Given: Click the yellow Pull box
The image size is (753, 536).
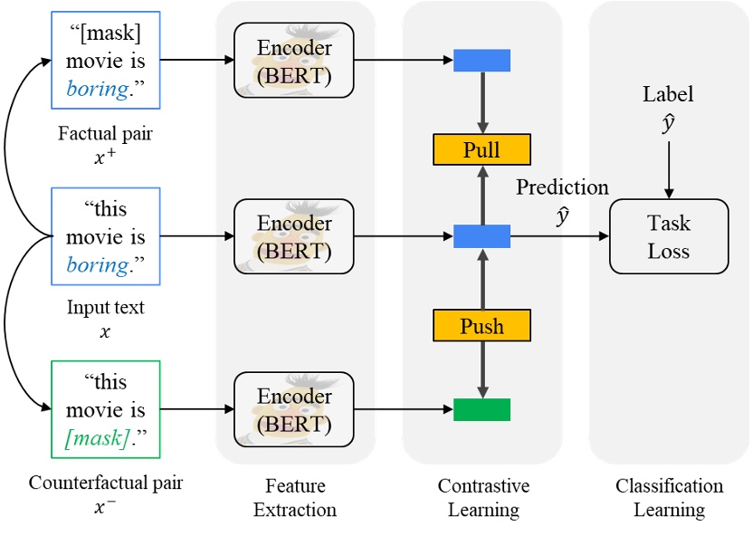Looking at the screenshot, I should tap(481, 149).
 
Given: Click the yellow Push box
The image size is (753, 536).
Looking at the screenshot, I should tap(481, 325).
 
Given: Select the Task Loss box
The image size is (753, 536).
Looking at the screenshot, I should tap(669, 236).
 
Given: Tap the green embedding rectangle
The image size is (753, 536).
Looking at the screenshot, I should tap(481, 409).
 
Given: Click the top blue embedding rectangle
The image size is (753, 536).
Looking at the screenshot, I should tap(481, 61).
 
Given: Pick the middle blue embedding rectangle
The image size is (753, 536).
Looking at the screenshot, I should tap(481, 237).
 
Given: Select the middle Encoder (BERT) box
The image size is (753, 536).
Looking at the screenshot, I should tap(294, 237).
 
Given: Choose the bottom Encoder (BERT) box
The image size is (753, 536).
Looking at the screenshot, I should tap(294, 410).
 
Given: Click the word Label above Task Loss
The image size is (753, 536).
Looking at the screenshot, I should tap(668, 94).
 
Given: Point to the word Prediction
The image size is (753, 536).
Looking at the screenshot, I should tap(562, 187).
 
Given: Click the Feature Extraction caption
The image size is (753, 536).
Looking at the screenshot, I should tap(294, 498).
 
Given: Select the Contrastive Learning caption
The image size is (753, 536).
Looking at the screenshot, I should tap(483, 498).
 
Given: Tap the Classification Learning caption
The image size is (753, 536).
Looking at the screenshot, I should tap(669, 498).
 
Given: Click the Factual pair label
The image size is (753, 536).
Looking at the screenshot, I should tap(105, 134).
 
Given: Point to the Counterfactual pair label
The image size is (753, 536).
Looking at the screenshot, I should tap(105, 483).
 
